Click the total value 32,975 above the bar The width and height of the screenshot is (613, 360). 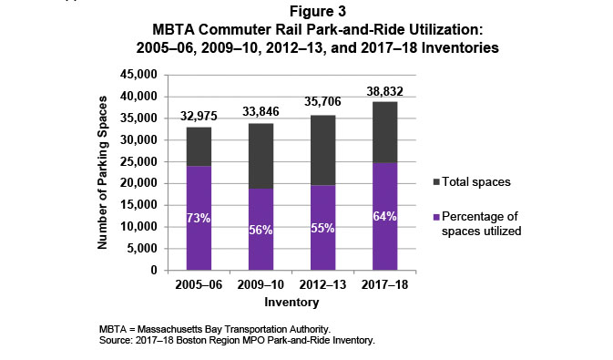(x=200, y=117)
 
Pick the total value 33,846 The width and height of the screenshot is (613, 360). (x=262, y=113)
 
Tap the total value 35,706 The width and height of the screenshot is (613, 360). (x=323, y=105)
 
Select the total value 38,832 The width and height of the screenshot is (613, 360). (x=384, y=91)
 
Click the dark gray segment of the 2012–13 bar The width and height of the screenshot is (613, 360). (x=323, y=149)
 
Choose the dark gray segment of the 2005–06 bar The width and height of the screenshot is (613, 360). (x=200, y=146)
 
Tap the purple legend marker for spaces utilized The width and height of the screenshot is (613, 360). (x=437, y=215)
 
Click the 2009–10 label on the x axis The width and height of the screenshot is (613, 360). (x=262, y=285)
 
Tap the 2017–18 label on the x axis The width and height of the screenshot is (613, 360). (x=384, y=285)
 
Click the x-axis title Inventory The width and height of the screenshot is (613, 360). (x=291, y=301)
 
